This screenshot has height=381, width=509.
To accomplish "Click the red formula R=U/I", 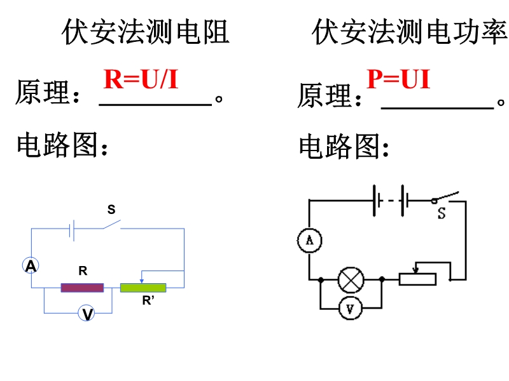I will click(141, 79).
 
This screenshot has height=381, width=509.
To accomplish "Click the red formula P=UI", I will click(398, 79).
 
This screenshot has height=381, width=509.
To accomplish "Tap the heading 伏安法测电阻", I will click(145, 32).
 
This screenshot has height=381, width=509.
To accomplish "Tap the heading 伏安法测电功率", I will click(409, 32).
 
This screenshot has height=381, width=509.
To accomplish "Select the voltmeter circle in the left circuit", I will click(87, 313).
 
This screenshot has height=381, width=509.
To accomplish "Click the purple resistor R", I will click(82, 288).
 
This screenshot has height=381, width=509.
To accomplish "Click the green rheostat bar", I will click(143, 288).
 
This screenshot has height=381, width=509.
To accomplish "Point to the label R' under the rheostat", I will click(148, 302).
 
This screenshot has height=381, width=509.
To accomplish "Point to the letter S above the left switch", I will click(111, 210).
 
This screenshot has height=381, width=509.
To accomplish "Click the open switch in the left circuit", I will click(112, 225).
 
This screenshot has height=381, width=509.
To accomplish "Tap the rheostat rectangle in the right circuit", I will click(417, 279).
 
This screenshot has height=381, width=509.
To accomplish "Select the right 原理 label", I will click(324, 97).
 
